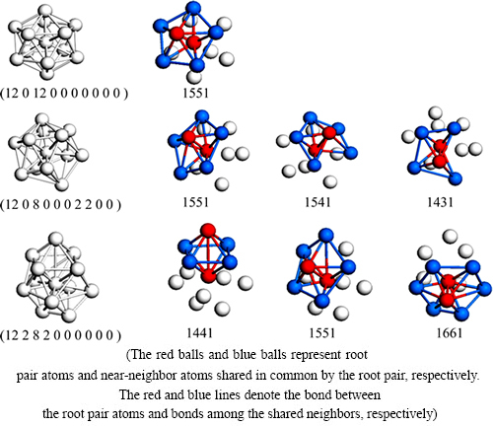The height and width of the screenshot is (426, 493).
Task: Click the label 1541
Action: tap(317, 202)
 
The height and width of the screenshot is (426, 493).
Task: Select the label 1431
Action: tap(440, 202)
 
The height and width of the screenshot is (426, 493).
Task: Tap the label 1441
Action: tap(199, 333)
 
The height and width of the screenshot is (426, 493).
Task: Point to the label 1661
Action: tap(450, 333)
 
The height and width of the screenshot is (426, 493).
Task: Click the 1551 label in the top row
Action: tap(195, 93)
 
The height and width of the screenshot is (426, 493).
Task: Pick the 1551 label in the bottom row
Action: tap(322, 333)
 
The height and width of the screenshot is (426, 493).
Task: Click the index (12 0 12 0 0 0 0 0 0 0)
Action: tap(64, 94)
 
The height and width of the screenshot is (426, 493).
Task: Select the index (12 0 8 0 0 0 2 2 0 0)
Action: tap(60, 204)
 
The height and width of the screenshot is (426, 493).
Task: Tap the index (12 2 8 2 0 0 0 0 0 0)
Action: tap(60, 335)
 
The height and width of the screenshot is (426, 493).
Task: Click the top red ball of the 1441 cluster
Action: tap(208, 231)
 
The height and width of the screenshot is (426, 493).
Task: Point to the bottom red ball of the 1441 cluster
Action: tap(208, 275)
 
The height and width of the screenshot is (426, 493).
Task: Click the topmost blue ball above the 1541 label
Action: tap(310, 118)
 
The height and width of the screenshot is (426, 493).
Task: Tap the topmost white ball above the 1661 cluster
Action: tap(450, 237)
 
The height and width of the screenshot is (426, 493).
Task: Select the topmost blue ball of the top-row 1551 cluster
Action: tap(193, 8)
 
